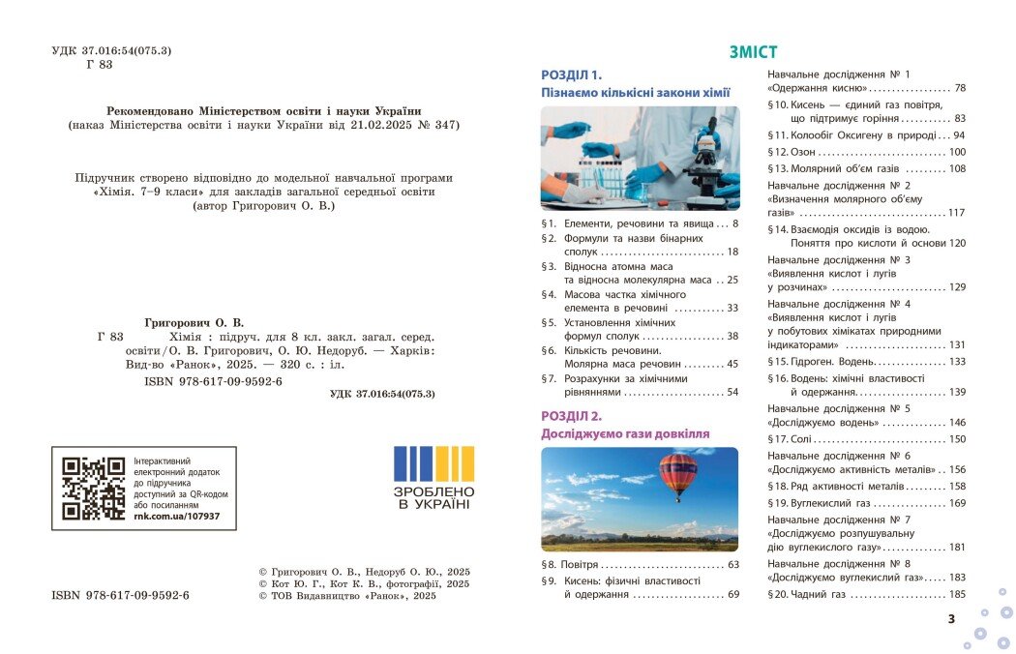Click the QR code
94,489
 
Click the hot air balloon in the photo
677,476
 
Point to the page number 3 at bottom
951,619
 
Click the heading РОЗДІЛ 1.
571,74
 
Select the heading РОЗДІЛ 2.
571,416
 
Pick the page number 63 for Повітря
732,564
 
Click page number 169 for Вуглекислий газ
956,503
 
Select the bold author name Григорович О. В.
194,321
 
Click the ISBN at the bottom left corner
120,595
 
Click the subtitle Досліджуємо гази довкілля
624,433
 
